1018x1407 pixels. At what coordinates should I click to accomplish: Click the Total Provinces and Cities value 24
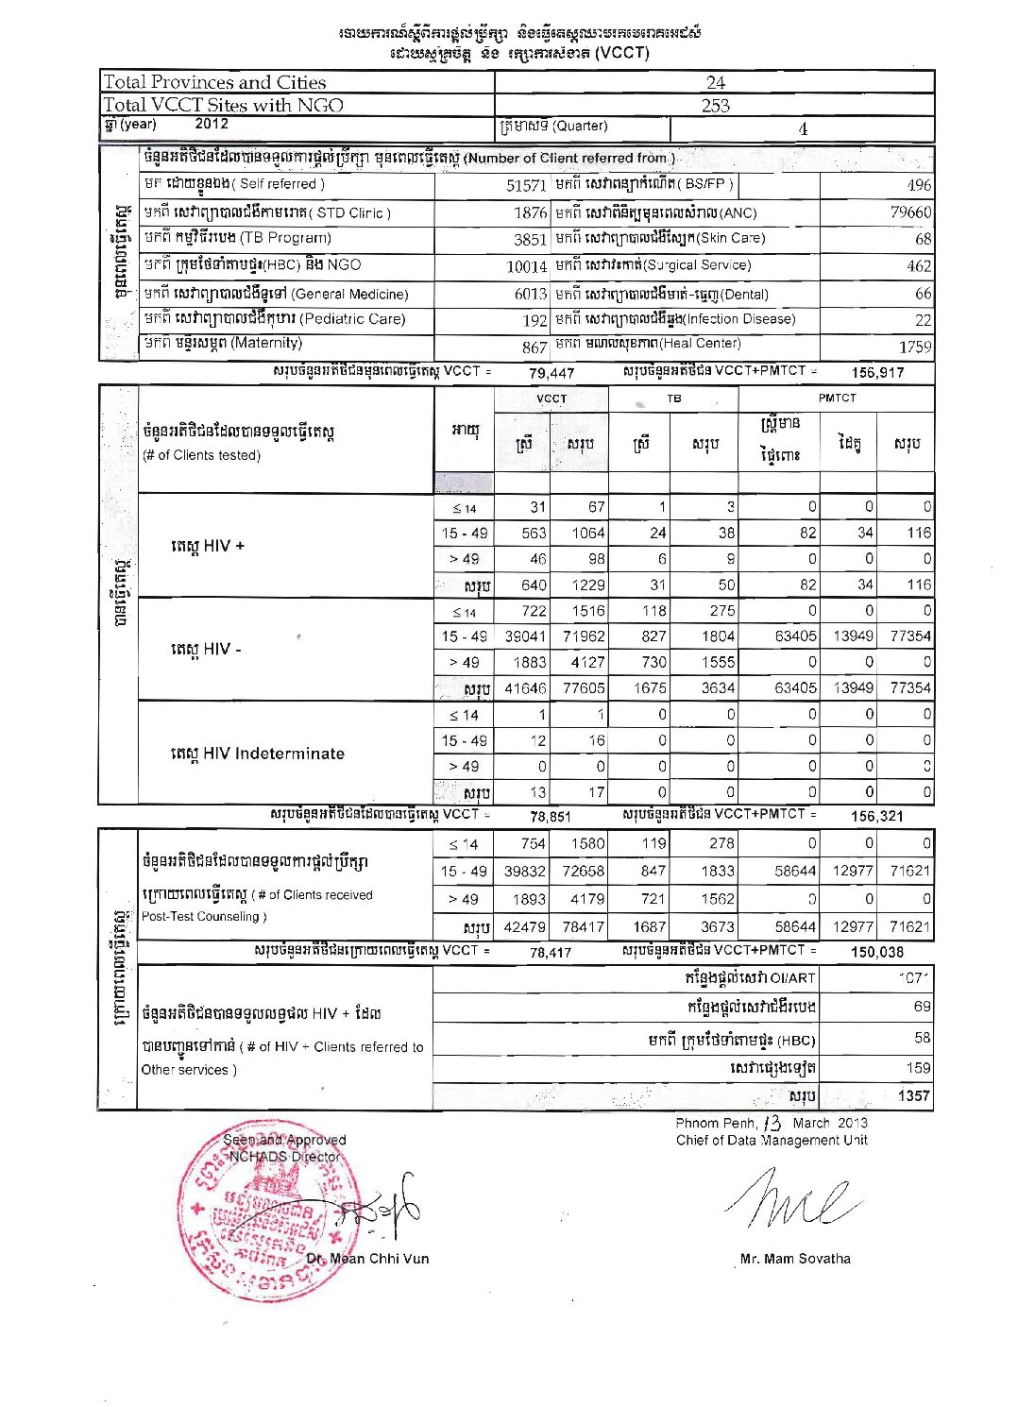click(715, 82)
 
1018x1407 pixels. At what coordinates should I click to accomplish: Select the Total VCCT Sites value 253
click(715, 105)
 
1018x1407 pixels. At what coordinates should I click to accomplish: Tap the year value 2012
click(212, 124)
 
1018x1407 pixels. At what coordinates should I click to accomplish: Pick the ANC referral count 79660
click(910, 212)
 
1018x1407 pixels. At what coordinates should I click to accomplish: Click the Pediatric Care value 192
click(534, 320)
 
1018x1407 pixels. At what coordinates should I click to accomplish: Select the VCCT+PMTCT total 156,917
click(877, 372)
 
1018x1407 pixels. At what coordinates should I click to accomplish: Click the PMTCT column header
click(837, 398)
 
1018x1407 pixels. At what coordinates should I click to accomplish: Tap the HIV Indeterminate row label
click(258, 754)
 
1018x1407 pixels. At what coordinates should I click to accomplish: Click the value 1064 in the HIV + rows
click(587, 533)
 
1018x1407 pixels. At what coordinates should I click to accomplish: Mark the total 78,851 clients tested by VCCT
click(551, 817)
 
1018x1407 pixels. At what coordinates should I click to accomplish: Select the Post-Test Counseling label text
click(204, 916)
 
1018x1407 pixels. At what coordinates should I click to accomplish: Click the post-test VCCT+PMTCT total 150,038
click(877, 952)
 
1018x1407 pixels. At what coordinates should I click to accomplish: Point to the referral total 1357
click(913, 1096)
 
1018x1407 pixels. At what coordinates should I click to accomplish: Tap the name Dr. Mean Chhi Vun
click(367, 1259)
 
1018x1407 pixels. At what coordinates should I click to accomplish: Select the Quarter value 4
click(803, 129)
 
